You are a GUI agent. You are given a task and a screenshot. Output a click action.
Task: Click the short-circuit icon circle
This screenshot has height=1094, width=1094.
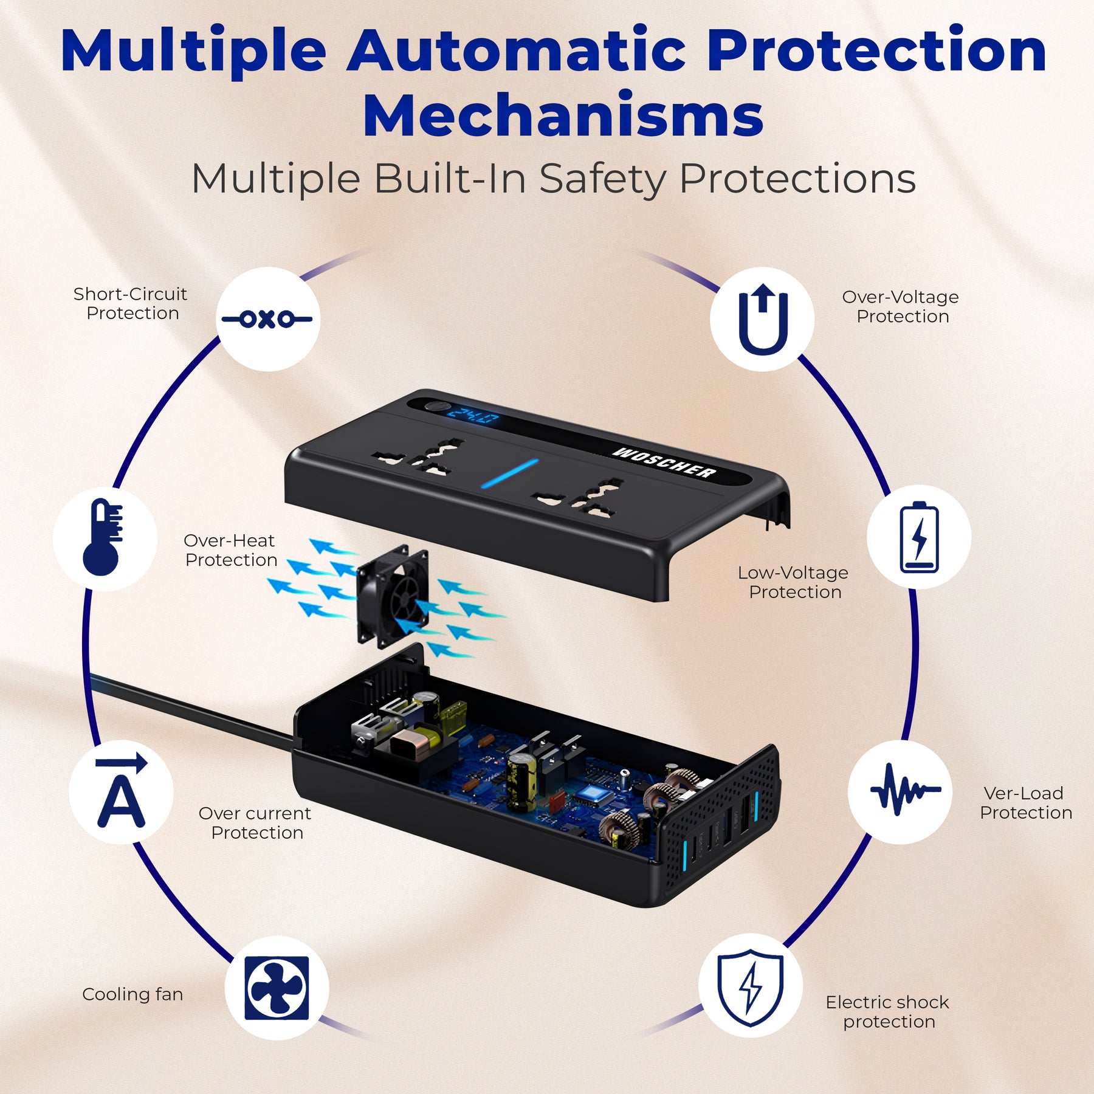[268, 319]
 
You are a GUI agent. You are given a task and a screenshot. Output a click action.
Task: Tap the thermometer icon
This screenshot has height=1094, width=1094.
[103, 537]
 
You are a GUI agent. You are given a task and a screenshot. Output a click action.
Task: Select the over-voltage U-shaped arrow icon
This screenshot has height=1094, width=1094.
[763, 319]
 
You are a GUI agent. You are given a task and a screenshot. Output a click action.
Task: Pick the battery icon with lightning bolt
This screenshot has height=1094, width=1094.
[919, 537]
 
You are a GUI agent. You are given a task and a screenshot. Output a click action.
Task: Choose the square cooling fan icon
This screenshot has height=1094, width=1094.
[277, 988]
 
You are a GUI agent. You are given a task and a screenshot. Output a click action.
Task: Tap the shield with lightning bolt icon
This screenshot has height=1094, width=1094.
[751, 988]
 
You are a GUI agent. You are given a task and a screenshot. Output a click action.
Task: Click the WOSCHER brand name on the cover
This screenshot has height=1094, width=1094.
[664, 463]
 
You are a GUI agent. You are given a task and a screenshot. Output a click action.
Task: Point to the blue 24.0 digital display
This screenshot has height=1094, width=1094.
[474, 417]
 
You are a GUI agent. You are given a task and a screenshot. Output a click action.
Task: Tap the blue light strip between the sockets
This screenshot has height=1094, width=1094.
[509, 473]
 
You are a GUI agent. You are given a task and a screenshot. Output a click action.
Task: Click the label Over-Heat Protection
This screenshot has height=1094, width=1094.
[230, 550]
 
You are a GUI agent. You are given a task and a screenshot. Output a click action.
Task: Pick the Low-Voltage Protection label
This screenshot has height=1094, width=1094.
[794, 582]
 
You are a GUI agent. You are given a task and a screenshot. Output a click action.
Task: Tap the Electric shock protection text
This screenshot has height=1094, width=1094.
[887, 1012]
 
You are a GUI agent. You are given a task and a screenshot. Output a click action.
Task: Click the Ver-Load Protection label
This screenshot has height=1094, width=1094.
[1026, 803]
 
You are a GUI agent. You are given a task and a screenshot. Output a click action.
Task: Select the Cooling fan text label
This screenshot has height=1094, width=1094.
[132, 994]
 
